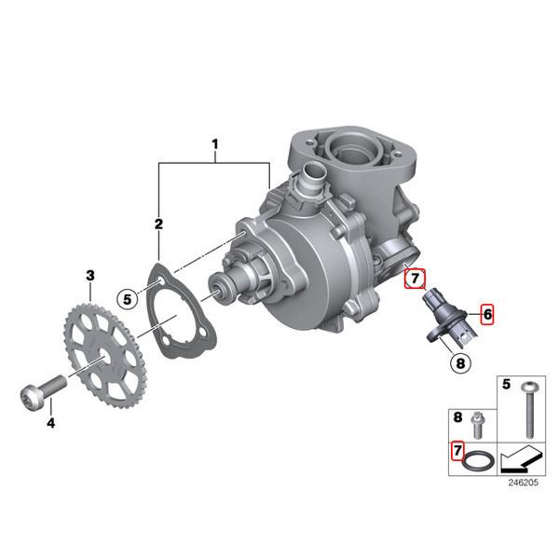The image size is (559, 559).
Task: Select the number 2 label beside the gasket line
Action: click(x=158, y=225)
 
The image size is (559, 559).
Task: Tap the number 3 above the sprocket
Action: click(x=90, y=276)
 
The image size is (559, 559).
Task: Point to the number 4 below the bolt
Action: click(x=51, y=422)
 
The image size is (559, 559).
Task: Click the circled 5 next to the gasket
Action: click(x=128, y=298)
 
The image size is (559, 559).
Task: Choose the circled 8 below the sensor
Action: click(x=459, y=363)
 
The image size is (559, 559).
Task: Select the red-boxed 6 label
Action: click(x=487, y=315)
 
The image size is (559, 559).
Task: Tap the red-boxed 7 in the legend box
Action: click(x=457, y=452)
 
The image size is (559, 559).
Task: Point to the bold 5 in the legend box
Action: click(x=507, y=383)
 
